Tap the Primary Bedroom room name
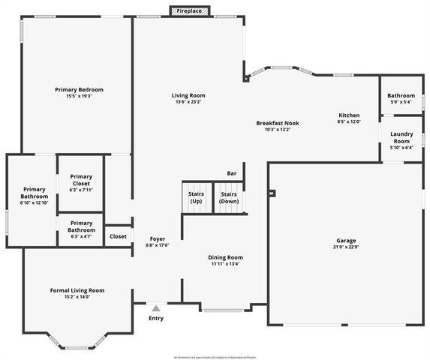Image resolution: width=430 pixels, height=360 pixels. tap(79, 89)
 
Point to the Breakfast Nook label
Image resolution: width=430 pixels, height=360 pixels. tap(278, 122)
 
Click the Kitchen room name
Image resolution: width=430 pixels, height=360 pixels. tap(349, 115)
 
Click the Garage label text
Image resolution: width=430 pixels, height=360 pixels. tap(346, 240)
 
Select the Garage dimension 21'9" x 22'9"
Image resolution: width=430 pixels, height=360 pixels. tap(346, 247)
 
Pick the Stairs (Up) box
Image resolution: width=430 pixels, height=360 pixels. tap(196, 197)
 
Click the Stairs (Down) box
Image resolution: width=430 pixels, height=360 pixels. tap(229, 197)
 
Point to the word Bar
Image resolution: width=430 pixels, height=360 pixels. tap(232, 174)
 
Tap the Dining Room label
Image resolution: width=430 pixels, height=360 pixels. tap(226, 257)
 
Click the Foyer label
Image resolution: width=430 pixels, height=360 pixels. tap(158, 238)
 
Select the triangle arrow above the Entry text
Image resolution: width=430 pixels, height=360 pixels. tap(156, 307)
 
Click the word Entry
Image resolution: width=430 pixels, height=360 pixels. tap(156, 319)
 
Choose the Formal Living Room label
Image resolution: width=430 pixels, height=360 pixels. tap(77, 290)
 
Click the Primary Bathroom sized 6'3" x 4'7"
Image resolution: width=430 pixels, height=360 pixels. tap(81, 229)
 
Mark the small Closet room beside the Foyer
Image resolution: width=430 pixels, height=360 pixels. tap(118, 236)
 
